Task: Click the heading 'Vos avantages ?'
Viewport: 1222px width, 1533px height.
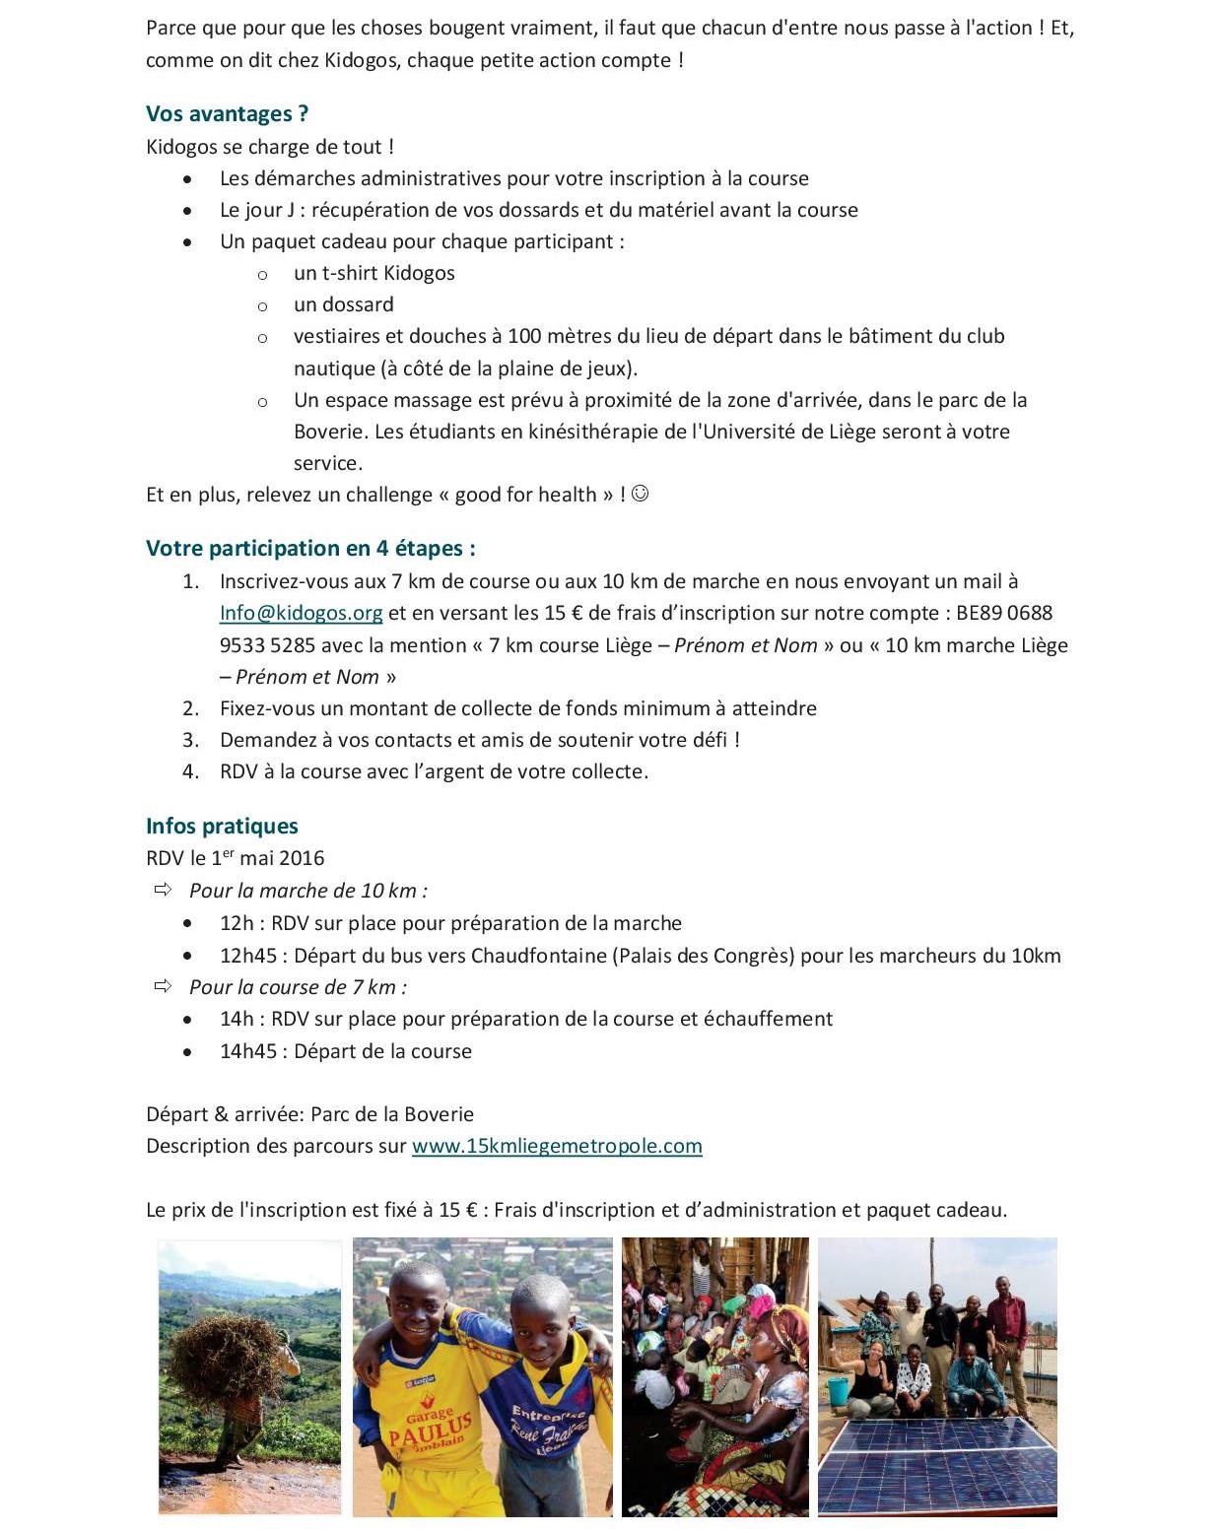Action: [227, 114]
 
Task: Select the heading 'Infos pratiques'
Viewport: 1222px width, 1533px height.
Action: [222, 826]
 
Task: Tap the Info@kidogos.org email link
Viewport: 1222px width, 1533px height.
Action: [301, 613]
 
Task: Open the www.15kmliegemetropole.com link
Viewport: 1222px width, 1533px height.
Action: [557, 1146]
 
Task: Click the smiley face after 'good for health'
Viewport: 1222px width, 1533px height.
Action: [640, 494]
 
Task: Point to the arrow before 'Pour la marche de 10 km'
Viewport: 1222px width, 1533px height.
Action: [163, 890]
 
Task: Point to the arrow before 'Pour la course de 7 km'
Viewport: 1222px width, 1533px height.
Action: [163, 986]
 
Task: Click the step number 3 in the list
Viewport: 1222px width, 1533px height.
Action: [190, 740]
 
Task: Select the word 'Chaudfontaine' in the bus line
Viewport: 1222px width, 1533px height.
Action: [539, 956]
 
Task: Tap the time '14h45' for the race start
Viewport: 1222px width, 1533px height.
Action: [248, 1051]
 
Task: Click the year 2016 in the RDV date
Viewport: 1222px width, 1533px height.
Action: [302, 858]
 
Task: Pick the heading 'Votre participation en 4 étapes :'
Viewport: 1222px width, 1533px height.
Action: [310, 549]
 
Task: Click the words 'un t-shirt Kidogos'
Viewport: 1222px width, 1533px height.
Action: [373, 273]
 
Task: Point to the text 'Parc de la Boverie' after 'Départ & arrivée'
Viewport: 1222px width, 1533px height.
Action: [391, 1114]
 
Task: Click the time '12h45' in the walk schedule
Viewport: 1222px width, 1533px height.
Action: [248, 956]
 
